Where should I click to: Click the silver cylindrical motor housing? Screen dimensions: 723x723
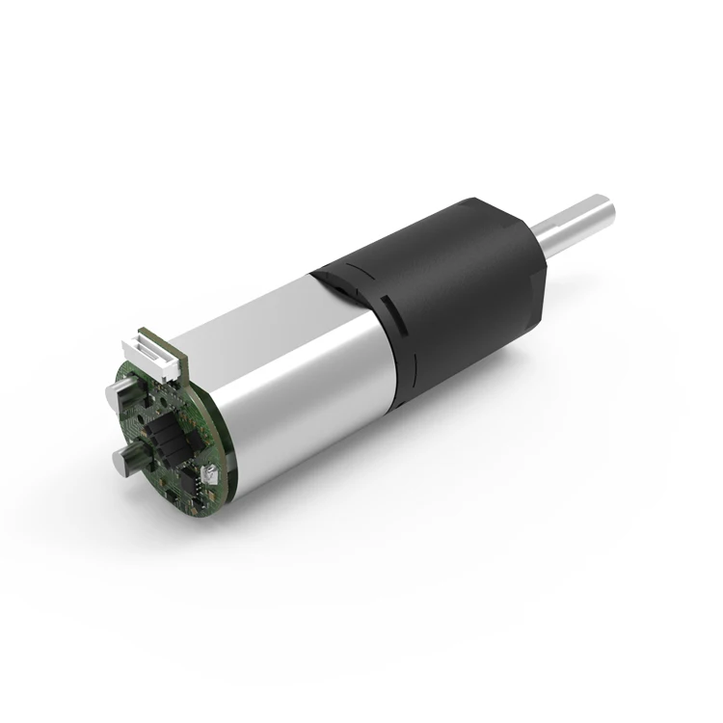[x=289, y=386]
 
